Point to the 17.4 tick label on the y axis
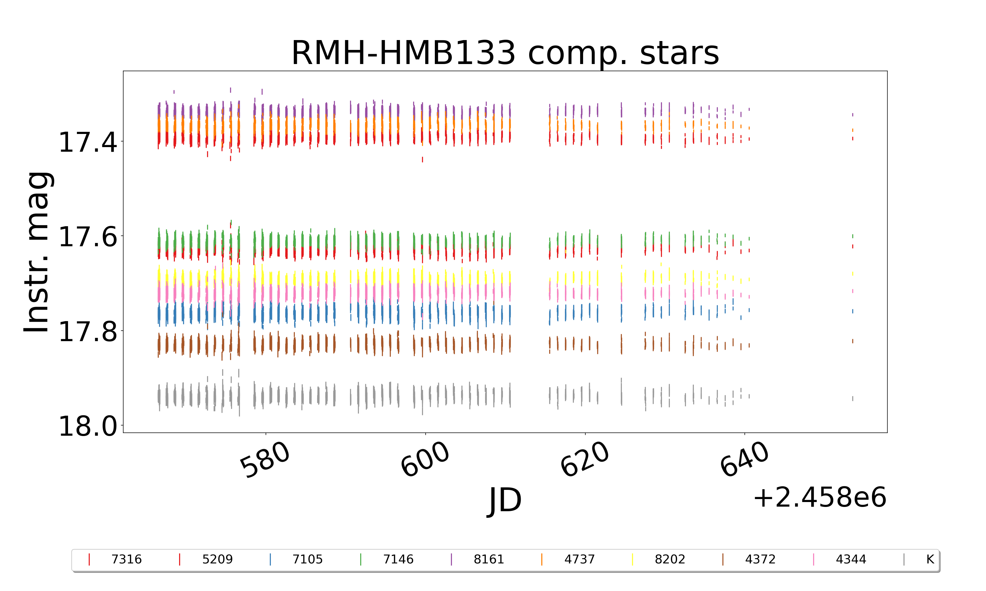(88, 142)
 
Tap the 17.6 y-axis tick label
(88, 236)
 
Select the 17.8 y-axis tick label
(88, 331)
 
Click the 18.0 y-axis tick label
(88, 426)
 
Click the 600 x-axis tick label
(425, 460)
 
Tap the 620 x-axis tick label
(585, 460)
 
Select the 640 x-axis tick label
(744, 460)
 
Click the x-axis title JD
(505, 501)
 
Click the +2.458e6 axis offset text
(819, 498)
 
